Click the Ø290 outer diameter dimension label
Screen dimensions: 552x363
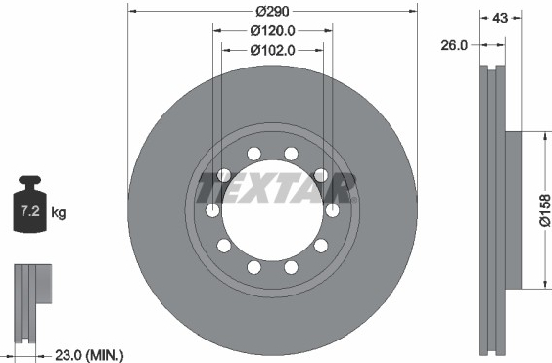(x=272, y=12)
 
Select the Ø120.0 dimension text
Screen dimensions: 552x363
(x=272, y=31)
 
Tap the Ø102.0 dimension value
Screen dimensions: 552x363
(x=272, y=50)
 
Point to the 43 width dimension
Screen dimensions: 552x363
(x=500, y=18)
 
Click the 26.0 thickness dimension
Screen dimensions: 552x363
(x=454, y=45)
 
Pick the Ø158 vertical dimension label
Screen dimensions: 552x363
(x=545, y=209)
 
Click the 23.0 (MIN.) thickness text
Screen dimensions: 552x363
(x=89, y=355)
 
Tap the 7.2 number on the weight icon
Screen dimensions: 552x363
(x=30, y=211)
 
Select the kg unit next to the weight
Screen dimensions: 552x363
(x=59, y=213)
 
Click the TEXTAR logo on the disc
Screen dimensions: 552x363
(x=276, y=188)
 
